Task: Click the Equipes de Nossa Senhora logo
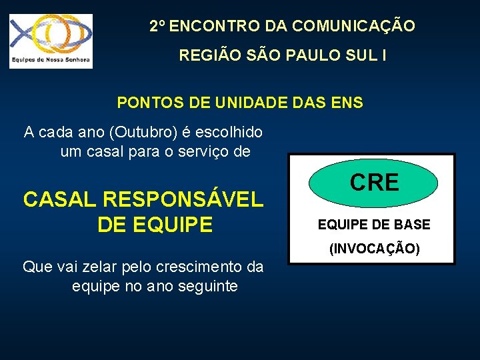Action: coord(51,41)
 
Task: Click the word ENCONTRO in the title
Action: coord(215,27)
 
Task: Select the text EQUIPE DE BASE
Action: coord(374,225)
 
